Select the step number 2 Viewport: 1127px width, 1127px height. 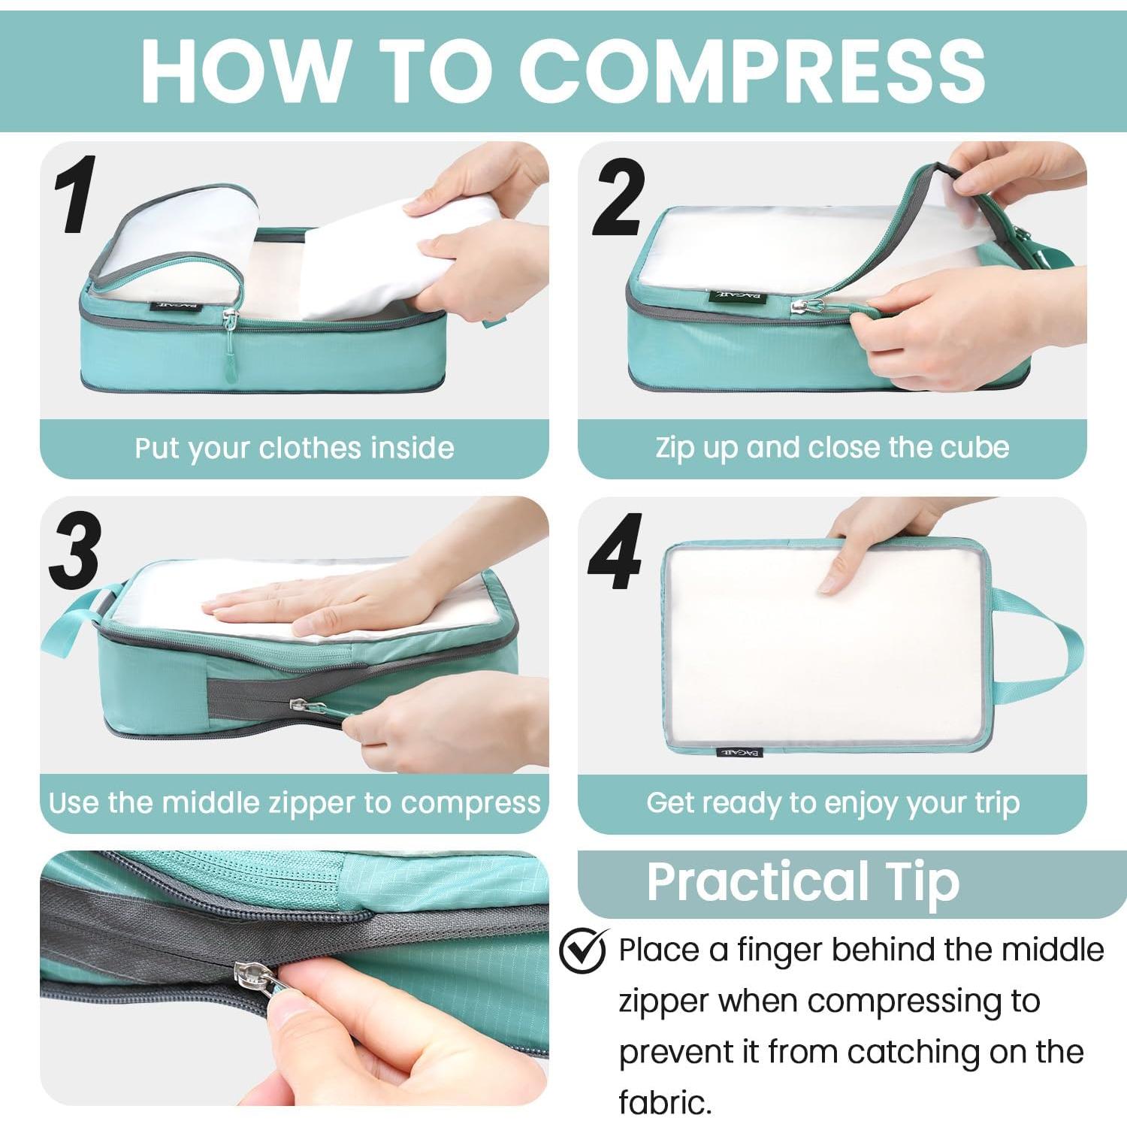pyautogui.click(x=618, y=197)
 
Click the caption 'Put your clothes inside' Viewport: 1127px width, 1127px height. pyautogui.click(x=295, y=449)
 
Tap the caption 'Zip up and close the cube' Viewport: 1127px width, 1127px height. pyautogui.click(x=832, y=448)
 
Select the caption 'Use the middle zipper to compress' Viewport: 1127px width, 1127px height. pyautogui.click(x=295, y=802)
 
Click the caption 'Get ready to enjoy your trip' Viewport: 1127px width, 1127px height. pyautogui.click(x=832, y=803)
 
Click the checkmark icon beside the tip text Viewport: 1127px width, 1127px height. pyautogui.click(x=584, y=949)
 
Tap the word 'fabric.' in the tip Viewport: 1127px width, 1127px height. pyautogui.click(x=665, y=1102)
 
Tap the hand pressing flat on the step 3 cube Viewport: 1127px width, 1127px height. pyautogui.click(x=331, y=601)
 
